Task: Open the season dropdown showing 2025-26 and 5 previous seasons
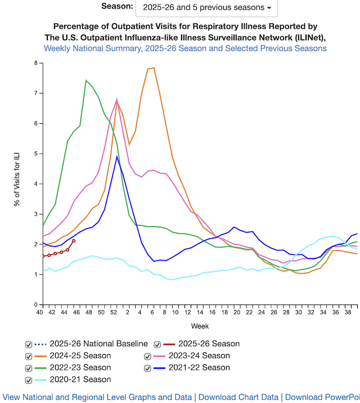click(206, 8)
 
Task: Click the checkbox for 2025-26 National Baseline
click(28, 344)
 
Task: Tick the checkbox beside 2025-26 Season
click(158, 344)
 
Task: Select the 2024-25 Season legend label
click(80, 356)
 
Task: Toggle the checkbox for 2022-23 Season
click(28, 368)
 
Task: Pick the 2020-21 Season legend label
click(80, 380)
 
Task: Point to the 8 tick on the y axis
click(35, 63)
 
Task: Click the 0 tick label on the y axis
click(35, 305)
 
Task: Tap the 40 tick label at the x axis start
click(39, 312)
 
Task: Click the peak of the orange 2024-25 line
click(153, 68)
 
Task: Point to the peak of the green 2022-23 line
click(86, 80)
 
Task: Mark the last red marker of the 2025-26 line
click(74, 241)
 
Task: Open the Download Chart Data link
click(238, 397)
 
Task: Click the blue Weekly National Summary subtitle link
click(185, 48)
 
